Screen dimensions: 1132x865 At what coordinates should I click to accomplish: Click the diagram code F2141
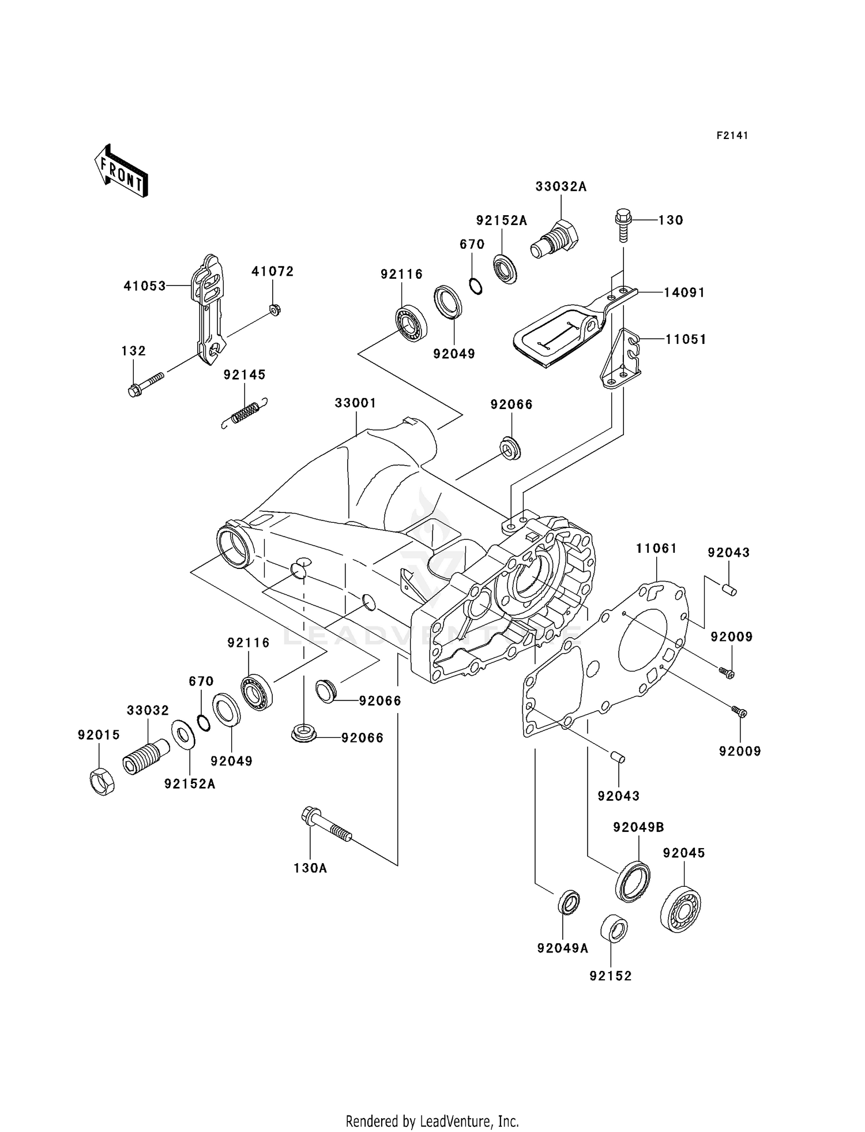point(732,136)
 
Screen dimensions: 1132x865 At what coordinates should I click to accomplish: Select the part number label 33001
point(355,403)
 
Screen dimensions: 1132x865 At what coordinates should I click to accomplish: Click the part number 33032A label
point(561,186)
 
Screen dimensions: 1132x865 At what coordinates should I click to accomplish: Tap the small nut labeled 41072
point(275,310)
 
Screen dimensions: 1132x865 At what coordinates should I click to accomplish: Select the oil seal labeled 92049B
point(633,880)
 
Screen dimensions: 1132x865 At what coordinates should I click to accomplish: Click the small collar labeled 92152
point(614,928)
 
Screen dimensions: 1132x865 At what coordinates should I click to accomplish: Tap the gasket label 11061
point(656,548)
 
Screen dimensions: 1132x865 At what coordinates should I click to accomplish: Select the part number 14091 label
point(684,293)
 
